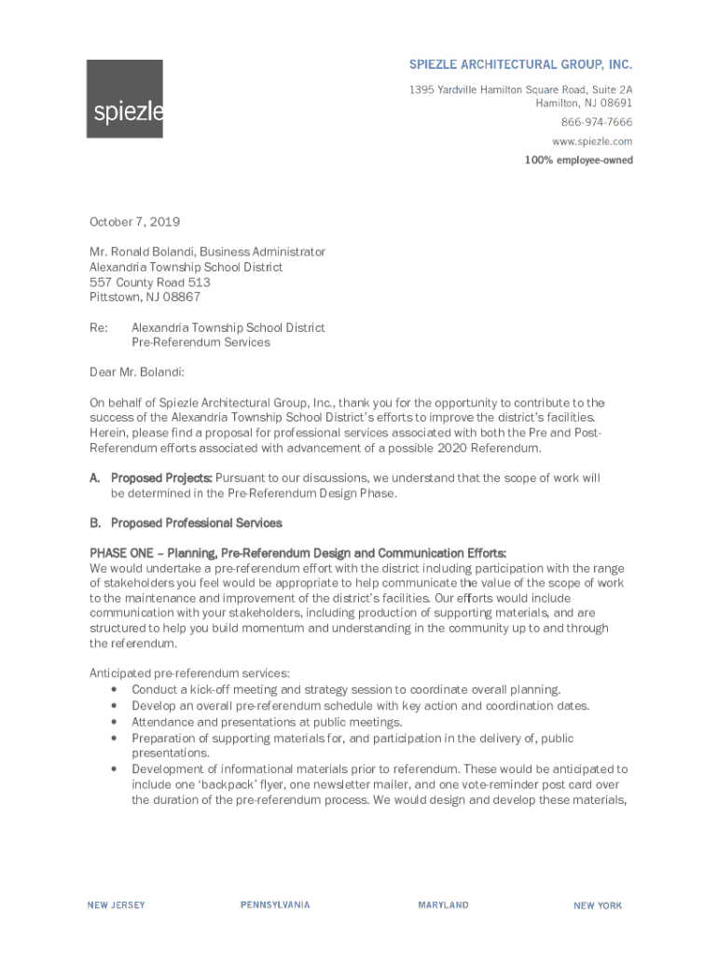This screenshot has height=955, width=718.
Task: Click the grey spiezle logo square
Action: (125, 99)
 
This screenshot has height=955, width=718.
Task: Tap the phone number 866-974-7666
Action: (596, 122)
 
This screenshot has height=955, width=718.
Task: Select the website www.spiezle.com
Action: (592, 141)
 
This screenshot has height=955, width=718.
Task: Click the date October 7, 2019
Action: (134, 222)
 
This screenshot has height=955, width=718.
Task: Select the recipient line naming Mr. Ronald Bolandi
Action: (207, 252)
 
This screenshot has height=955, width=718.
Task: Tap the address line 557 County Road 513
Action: (149, 282)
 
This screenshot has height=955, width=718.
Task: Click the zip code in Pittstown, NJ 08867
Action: (181, 297)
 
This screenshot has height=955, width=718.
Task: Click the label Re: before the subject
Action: (98, 327)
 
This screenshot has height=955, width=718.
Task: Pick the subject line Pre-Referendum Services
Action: (200, 342)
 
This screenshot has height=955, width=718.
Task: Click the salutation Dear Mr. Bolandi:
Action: (137, 372)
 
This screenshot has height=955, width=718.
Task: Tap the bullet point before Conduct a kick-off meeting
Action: (113, 690)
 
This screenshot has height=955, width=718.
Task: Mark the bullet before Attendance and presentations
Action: (113, 723)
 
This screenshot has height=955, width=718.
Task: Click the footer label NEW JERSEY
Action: (116, 906)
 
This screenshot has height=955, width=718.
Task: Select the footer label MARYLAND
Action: (443, 906)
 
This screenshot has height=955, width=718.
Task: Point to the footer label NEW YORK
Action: (598, 906)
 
